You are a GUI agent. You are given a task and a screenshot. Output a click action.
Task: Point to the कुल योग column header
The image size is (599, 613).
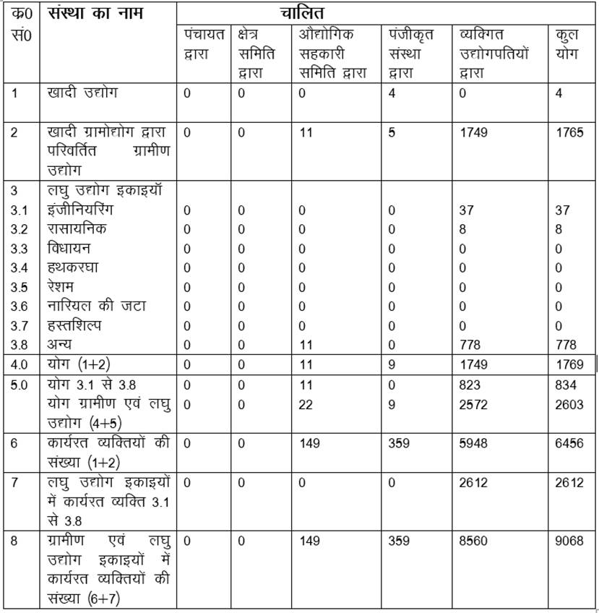click(x=566, y=44)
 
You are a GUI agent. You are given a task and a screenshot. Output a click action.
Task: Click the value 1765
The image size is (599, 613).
click(x=569, y=132)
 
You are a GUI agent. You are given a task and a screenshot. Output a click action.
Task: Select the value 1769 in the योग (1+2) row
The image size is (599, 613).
click(x=569, y=364)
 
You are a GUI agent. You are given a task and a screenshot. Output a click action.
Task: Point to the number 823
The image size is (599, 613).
click(x=469, y=385)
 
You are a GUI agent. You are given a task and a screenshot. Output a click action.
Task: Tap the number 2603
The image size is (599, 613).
click(x=569, y=405)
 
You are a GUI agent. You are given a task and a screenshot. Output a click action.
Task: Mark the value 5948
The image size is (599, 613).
click(x=473, y=443)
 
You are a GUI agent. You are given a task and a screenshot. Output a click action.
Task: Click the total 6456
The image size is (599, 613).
click(x=569, y=443)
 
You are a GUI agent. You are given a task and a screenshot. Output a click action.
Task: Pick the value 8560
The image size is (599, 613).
click(x=473, y=540)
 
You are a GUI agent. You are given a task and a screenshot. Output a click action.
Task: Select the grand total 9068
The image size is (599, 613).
click(x=569, y=540)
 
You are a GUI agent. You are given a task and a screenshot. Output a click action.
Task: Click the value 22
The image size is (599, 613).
click(x=306, y=405)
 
